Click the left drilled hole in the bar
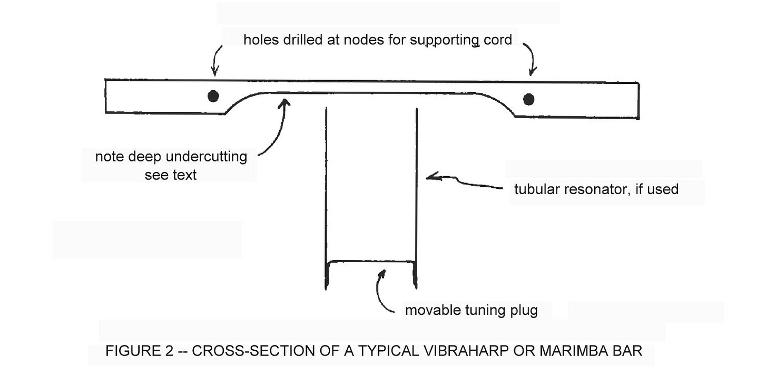point(213,97)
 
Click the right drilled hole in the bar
point(529,99)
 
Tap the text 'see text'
point(171,175)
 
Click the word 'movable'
point(432,310)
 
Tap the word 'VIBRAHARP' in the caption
point(465,351)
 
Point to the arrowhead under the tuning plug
point(382,275)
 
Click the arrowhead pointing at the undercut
point(285,102)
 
